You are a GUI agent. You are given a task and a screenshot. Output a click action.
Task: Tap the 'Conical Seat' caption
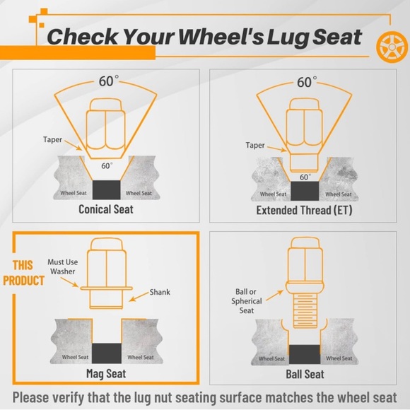[106, 209]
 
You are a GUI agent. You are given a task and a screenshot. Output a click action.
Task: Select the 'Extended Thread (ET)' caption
[304, 210]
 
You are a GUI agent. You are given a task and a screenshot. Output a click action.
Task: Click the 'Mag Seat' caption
[106, 374]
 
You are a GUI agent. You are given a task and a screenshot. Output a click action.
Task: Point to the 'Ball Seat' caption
[305, 374]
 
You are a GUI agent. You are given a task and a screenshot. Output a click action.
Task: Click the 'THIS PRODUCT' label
[23, 273]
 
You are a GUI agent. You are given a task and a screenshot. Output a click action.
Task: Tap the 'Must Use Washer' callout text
[63, 266]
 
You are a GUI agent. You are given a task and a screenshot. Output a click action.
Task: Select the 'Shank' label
[160, 292]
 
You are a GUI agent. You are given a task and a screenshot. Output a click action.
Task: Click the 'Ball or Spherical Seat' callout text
[246, 301]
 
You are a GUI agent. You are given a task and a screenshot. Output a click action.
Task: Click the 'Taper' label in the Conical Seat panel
[52, 139]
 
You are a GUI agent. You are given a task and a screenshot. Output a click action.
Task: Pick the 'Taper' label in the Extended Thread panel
[255, 145]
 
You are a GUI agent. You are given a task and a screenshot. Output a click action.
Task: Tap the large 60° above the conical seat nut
[108, 81]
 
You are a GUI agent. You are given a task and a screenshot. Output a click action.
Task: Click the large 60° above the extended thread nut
[307, 82]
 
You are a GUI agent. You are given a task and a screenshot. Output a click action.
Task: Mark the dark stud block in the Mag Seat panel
[107, 353]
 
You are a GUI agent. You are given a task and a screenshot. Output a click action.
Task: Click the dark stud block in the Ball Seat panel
[305, 354]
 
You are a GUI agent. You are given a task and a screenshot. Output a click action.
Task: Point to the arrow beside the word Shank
[139, 296]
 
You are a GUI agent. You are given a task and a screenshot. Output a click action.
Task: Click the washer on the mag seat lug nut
[106, 288]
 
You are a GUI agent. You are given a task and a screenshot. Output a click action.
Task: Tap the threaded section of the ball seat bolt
[305, 310]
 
